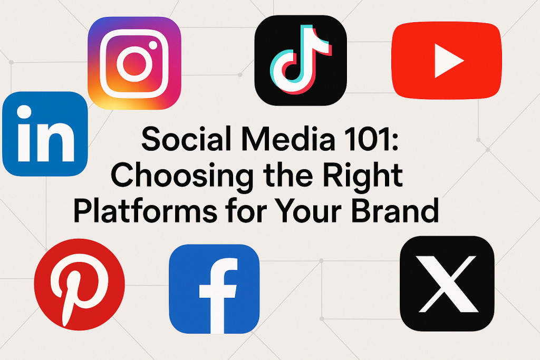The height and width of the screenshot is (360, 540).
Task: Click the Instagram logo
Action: [x=134, y=63]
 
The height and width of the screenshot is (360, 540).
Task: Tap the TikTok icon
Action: [x=301, y=60]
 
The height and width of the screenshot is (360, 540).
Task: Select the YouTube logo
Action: [x=447, y=61]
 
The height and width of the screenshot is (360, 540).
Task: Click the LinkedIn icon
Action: [x=45, y=134]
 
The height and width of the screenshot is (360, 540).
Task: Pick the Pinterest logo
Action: [x=80, y=284]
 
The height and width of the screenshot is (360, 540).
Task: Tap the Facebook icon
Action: [x=214, y=289]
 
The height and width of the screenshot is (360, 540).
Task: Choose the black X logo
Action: [x=447, y=284]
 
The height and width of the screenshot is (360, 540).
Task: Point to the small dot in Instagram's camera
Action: [x=153, y=45]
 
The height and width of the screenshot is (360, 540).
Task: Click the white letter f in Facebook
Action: [x=218, y=296]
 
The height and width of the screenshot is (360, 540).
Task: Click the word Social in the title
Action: [x=186, y=139]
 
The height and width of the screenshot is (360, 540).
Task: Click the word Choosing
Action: [x=182, y=176]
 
